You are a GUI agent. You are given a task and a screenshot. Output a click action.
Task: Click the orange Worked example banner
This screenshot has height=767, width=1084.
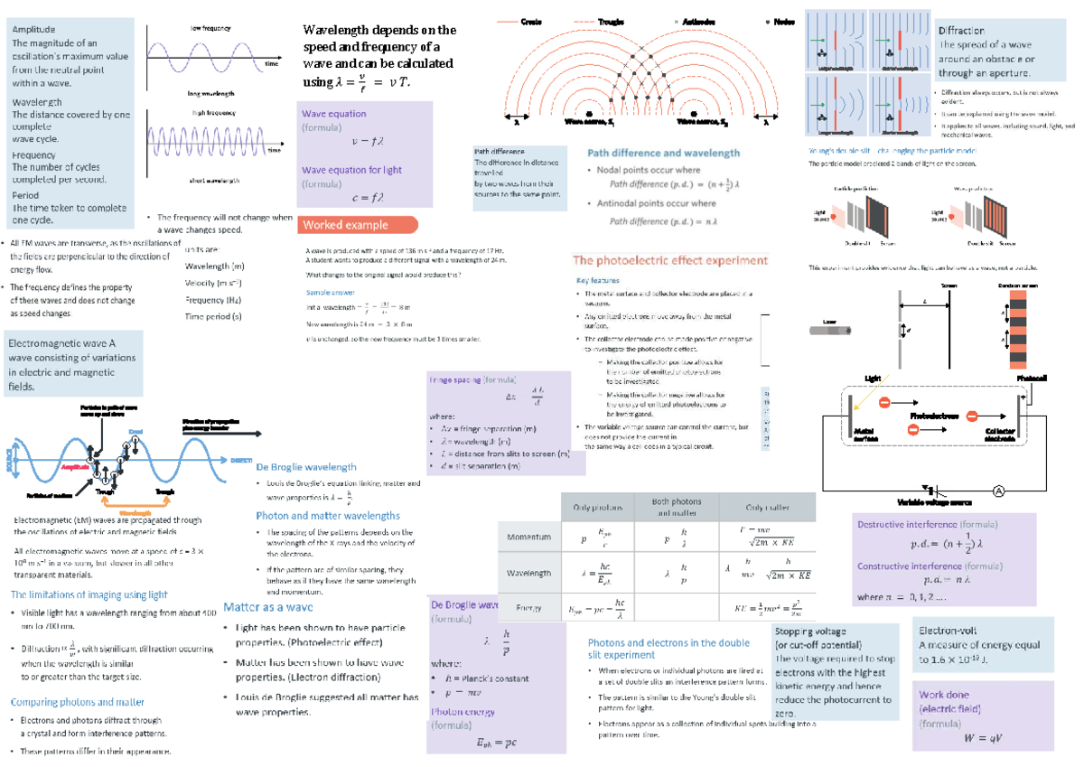(358, 225)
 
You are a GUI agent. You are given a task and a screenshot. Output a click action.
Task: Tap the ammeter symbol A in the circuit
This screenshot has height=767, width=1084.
(998, 491)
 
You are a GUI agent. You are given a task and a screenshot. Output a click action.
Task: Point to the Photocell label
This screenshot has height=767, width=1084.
(1031, 377)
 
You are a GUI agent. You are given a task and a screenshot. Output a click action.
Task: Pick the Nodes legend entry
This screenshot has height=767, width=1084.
(781, 22)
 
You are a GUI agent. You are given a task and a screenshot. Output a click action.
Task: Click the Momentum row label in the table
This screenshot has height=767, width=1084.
(528, 536)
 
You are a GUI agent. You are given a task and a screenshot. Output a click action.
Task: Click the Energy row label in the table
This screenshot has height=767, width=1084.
(528, 607)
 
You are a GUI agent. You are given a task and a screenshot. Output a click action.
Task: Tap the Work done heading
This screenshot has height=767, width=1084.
(944, 695)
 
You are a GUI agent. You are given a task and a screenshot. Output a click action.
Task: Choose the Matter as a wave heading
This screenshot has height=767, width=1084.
(267, 607)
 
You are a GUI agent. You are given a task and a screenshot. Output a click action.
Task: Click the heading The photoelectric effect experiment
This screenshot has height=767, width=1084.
(670, 260)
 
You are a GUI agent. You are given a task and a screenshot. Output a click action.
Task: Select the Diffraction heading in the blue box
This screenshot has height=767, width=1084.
(961, 31)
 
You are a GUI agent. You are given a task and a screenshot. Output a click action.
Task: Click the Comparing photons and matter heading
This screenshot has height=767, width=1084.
(77, 702)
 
